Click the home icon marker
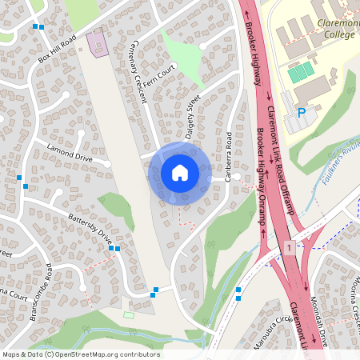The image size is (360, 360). pos(179,173)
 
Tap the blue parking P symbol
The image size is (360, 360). pos(301,114)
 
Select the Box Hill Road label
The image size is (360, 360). pos(57,49)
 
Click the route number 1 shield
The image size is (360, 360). pos(288,249)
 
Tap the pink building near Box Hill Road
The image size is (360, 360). pos(98,42)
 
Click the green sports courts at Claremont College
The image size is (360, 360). pos(301,72)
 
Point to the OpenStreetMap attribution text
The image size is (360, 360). pos(81,354)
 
